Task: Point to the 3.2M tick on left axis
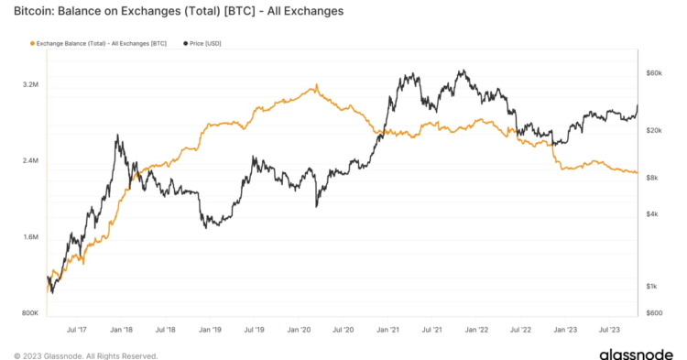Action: [29, 85]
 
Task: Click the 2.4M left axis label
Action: [29, 161]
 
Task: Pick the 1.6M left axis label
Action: [29, 237]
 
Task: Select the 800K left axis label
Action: [29, 313]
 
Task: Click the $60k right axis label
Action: [654, 72]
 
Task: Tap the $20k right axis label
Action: [654, 131]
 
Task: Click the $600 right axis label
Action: [653, 313]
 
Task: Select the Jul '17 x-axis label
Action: [77, 328]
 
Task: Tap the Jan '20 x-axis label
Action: [300, 328]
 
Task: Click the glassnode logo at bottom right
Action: [636, 353]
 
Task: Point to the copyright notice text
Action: [84, 355]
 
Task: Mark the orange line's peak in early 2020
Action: [316, 86]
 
